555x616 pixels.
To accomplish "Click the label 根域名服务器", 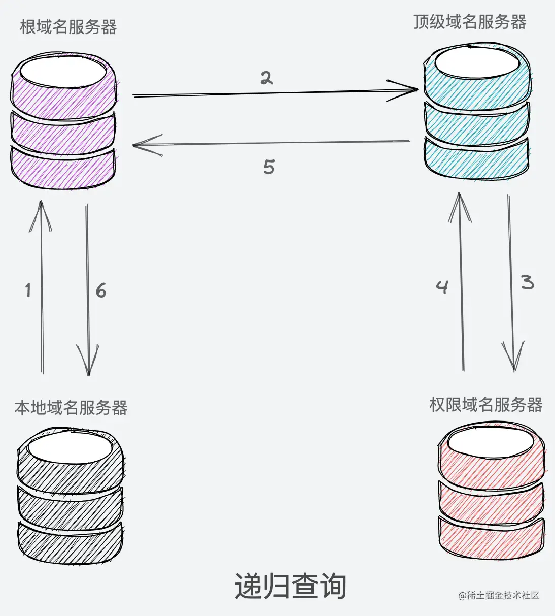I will click(68, 27).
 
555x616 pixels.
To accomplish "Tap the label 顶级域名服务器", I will click(469, 22).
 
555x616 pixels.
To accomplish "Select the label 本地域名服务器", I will click(71, 407).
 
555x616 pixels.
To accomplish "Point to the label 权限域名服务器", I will click(485, 405).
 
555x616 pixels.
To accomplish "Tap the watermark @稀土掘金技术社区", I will click(498, 595).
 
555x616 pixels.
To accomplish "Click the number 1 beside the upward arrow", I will click(28, 290).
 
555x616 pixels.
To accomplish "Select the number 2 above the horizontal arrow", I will click(266, 78).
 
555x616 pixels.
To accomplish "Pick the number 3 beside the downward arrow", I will click(528, 282).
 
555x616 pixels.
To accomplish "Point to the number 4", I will click(442, 287).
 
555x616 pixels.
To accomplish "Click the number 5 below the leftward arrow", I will click(269, 167).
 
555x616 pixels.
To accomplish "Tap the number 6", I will click(101, 290).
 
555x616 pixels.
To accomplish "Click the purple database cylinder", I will click(63, 122).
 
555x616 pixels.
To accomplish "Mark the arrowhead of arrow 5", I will click(140, 145).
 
